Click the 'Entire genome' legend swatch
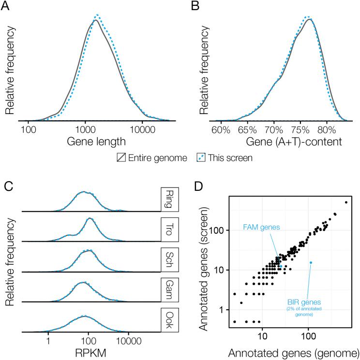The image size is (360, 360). [121, 158]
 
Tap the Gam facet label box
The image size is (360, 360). [171, 288]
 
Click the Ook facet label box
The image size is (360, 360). [171, 318]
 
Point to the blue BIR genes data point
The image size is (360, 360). [311, 262]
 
